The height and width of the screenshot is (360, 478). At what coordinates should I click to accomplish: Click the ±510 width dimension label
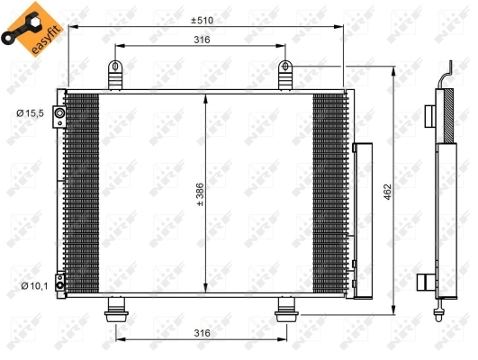coord(203,20)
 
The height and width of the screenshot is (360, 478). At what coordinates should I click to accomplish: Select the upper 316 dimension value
coord(202,40)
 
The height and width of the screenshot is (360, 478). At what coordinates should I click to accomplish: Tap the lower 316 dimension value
coord(202,334)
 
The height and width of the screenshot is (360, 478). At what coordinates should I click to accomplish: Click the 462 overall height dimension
coord(384,192)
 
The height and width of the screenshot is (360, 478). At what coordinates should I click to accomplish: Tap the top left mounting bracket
coord(115,75)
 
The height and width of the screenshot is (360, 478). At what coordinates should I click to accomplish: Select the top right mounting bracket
coord(286,75)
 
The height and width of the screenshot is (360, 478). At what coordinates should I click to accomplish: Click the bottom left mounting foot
coord(116,312)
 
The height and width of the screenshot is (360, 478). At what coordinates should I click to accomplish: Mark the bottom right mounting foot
coord(287,312)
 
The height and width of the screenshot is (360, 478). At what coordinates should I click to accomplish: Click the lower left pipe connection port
coord(59,283)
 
